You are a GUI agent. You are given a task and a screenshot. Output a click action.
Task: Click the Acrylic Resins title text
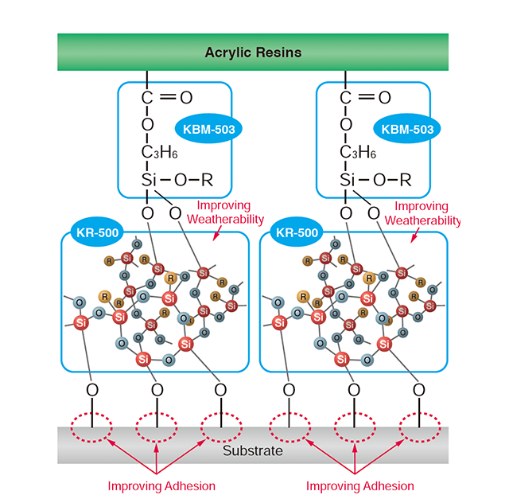(x=253, y=53)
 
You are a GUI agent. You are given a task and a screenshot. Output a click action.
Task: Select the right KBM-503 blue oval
(x=407, y=130)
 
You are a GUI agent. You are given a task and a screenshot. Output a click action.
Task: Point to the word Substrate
(x=252, y=450)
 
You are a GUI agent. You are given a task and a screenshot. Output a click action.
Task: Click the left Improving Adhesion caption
(x=161, y=485)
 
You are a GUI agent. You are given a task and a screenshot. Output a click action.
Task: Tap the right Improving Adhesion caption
(x=360, y=485)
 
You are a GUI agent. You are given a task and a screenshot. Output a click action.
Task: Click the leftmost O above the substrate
(x=91, y=390)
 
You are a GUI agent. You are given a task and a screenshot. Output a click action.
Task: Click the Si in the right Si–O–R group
(x=348, y=179)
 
